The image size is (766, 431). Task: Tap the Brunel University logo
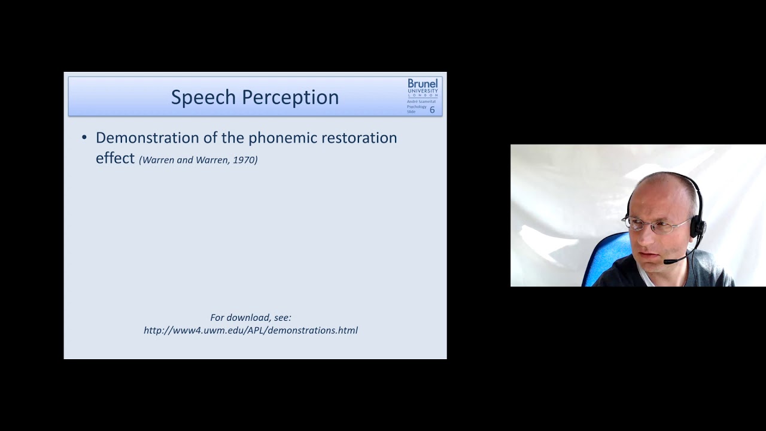(422, 87)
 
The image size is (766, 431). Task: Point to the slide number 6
(432, 110)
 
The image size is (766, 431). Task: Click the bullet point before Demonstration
(84, 138)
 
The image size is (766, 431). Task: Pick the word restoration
(359, 138)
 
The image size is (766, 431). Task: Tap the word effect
(115, 158)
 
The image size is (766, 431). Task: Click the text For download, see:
(250, 318)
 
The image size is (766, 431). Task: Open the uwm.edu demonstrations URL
(250, 330)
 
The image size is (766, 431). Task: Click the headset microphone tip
(667, 262)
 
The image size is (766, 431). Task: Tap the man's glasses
(652, 227)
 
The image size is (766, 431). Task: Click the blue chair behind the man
(604, 257)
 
